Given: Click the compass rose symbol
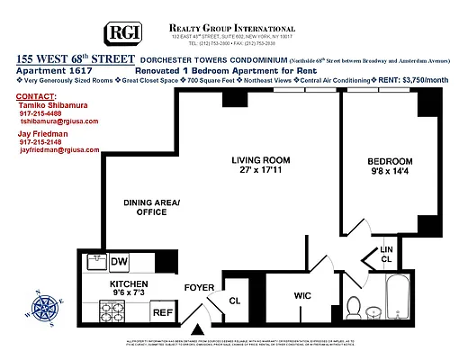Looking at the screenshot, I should [x=43, y=312].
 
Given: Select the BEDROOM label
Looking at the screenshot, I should [x=389, y=162].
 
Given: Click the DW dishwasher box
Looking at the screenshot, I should [x=119, y=262].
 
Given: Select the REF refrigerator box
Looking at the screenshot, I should [x=162, y=312].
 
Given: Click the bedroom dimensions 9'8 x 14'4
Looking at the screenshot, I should [x=389, y=174].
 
